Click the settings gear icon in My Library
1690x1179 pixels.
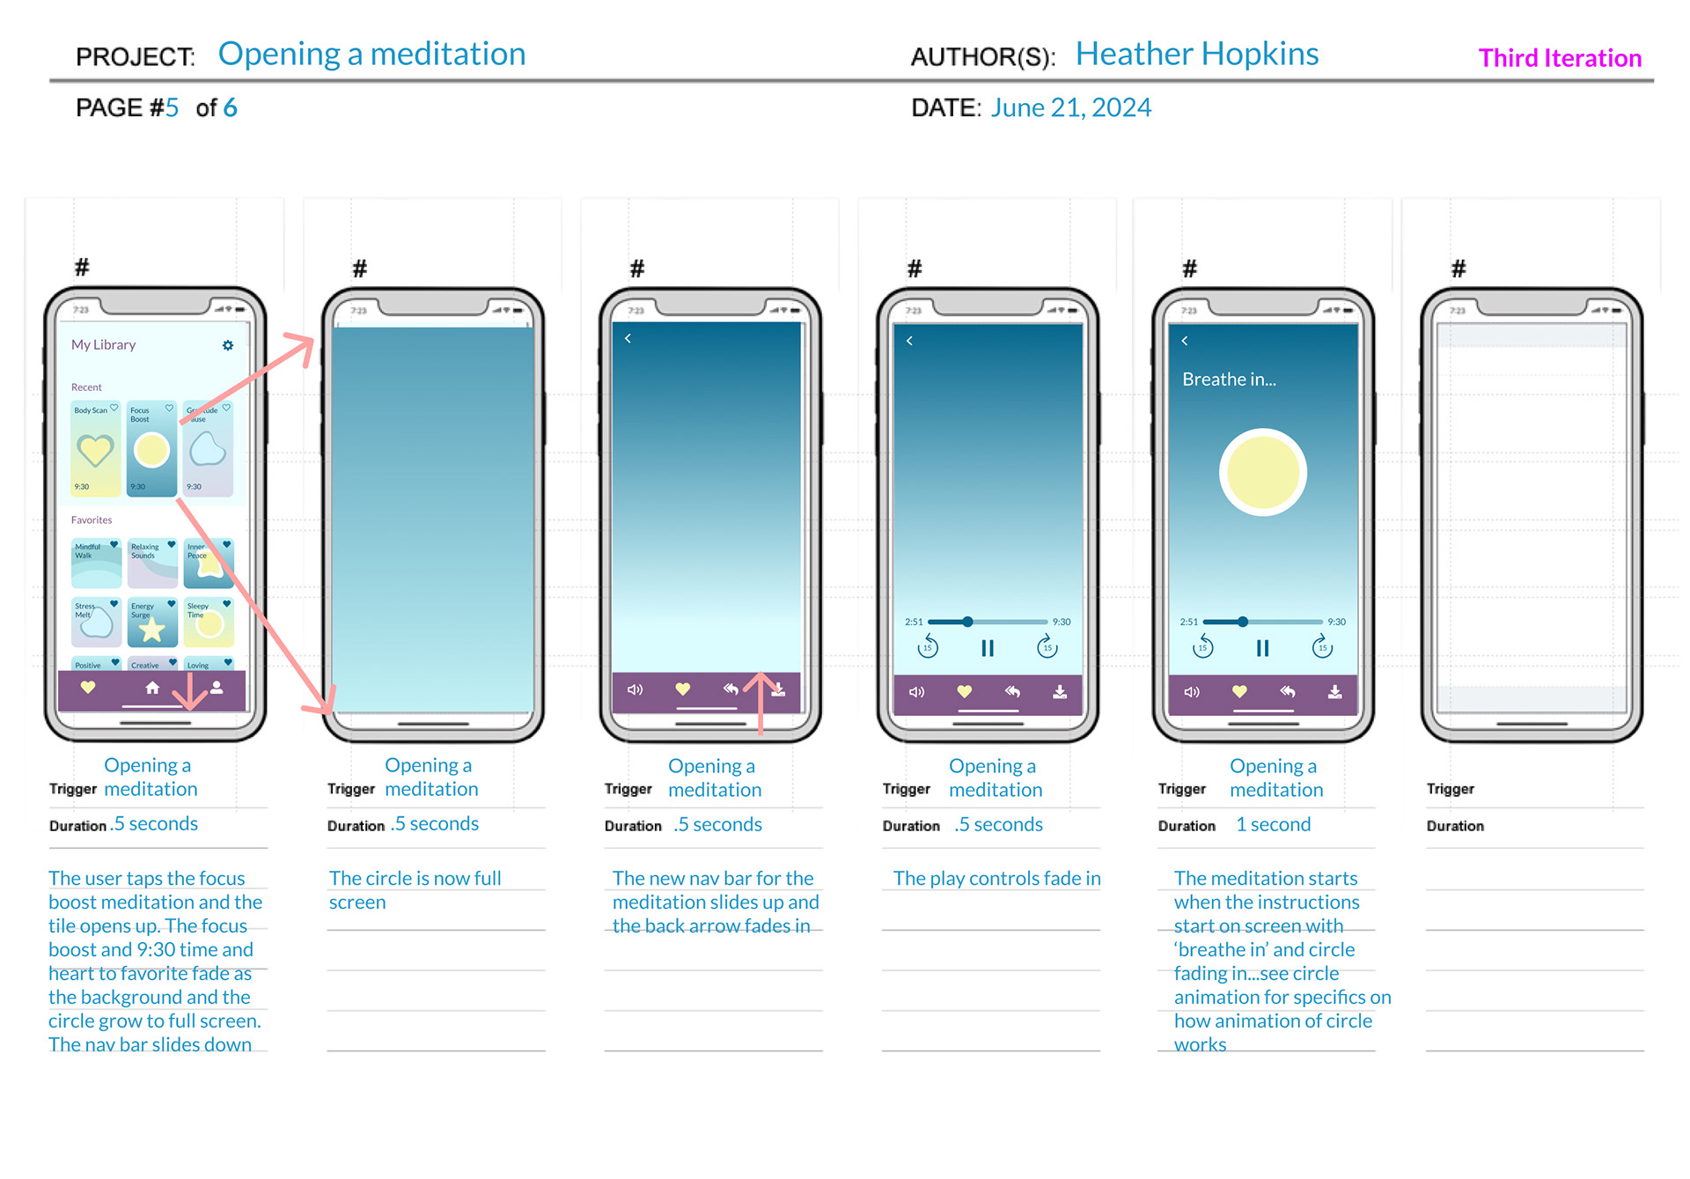[x=228, y=345]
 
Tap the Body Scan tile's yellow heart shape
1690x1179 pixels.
[x=95, y=451]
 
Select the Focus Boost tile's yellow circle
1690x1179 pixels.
[x=151, y=450]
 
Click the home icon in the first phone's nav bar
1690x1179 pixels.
[x=152, y=688]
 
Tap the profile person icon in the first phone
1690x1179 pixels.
[x=217, y=688]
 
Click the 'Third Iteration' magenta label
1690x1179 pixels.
[x=1560, y=58]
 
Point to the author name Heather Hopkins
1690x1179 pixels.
[x=1196, y=55]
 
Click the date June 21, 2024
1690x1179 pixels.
[x=1070, y=107]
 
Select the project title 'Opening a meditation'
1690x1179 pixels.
[x=371, y=55]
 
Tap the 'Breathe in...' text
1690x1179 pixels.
[x=1229, y=379]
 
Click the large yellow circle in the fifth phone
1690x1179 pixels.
[x=1262, y=472]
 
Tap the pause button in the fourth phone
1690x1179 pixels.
[x=988, y=649]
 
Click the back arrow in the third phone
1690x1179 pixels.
[x=628, y=338]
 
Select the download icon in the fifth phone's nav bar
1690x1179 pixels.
[x=1334, y=692]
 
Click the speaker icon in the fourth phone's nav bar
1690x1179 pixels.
[x=916, y=692]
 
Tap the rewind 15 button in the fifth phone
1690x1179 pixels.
[x=1202, y=647]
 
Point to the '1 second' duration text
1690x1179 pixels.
[x=1273, y=824]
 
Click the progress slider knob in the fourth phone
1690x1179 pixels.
[x=967, y=622]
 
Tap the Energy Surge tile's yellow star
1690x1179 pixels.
[x=152, y=629]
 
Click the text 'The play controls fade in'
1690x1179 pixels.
[x=996, y=878]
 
